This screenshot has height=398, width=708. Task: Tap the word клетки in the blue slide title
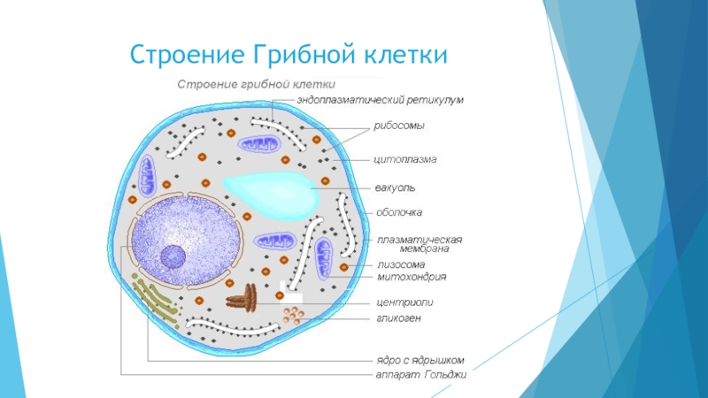404,55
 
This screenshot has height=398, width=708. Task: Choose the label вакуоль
396,188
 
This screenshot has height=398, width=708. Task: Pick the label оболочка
399,212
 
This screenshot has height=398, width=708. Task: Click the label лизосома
401,264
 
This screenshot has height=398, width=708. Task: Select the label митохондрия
411,277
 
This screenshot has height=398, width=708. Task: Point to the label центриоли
404,302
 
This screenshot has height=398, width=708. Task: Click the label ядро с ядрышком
416,360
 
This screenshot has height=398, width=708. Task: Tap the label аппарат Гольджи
418,374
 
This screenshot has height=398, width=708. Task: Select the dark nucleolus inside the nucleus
173,257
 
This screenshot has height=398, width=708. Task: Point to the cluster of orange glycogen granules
294,314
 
